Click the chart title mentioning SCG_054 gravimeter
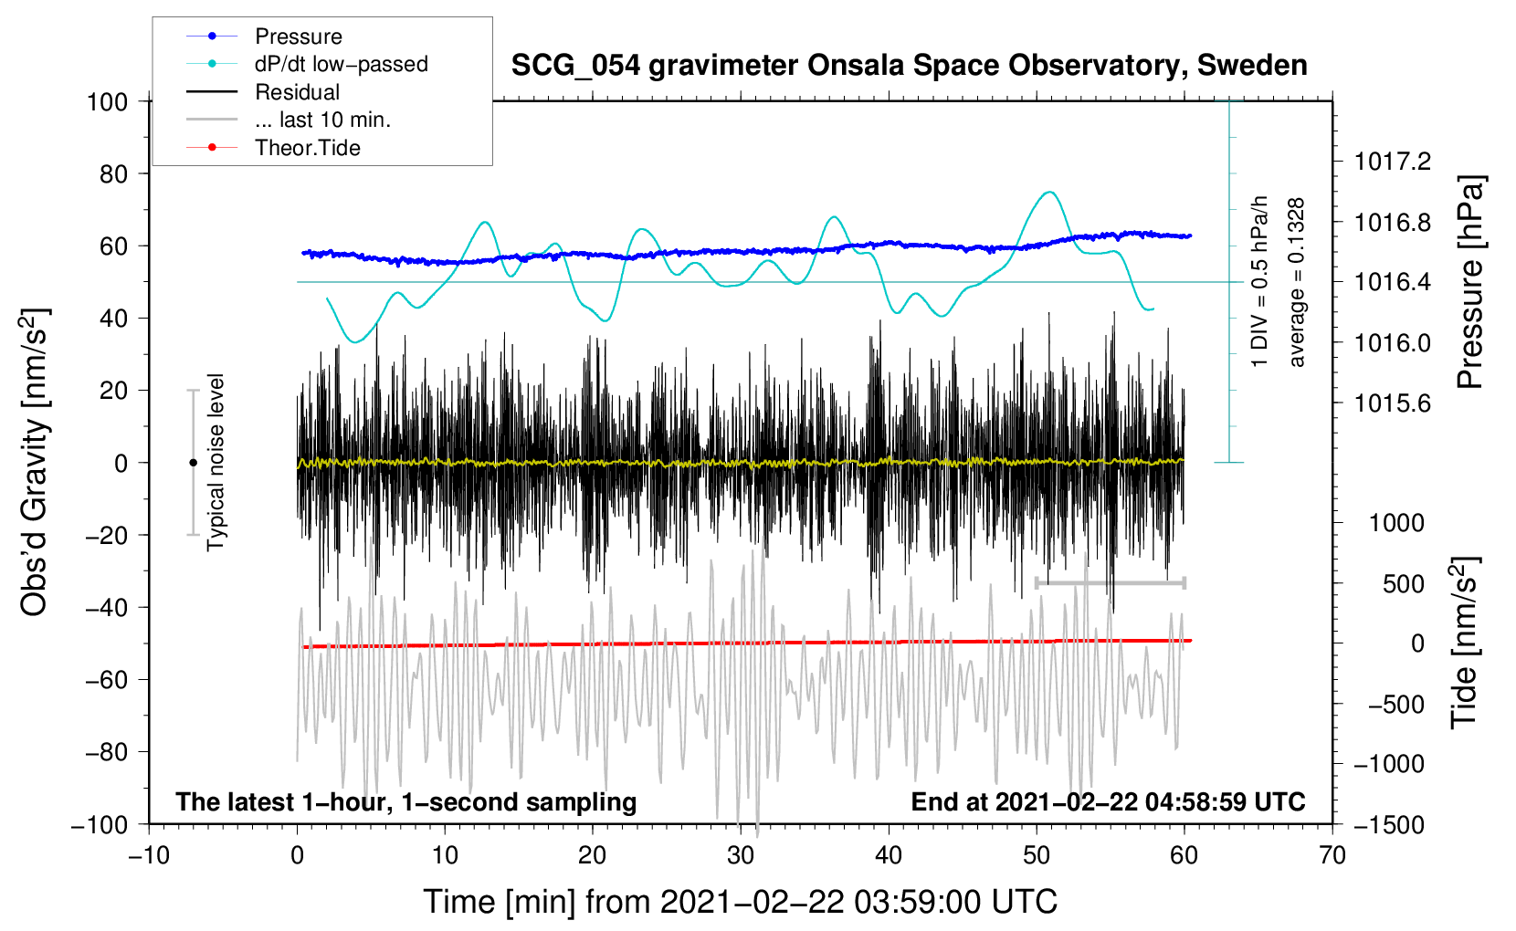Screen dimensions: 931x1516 [x=909, y=66]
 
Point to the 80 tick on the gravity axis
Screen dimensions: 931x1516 [x=108, y=173]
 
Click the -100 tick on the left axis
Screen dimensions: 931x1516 [x=100, y=824]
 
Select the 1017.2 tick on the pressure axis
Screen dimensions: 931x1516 [x=1392, y=162]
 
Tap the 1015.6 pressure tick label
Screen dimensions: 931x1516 [x=1392, y=403]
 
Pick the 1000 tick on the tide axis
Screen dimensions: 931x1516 [x=1396, y=522]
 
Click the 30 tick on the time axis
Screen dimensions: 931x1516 [x=741, y=855]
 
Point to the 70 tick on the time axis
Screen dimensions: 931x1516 [x=1332, y=855]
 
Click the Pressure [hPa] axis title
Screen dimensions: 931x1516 [x=1469, y=282]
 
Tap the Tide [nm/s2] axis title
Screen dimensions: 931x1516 [x=1464, y=643]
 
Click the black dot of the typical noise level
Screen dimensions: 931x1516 [x=193, y=463]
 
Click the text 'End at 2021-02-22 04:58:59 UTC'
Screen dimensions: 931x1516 [x=1108, y=801]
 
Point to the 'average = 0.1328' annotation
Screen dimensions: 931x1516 [x=1297, y=282]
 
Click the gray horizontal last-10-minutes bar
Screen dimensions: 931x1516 [x=1111, y=582]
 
